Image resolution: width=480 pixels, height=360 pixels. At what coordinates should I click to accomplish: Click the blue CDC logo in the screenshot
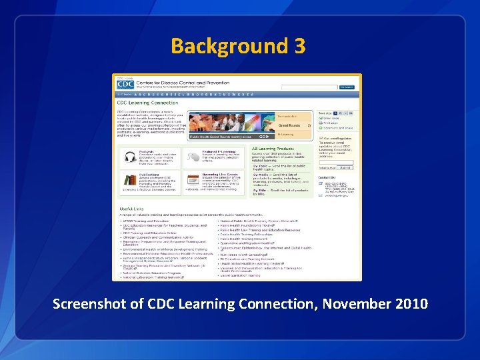coord(125,84)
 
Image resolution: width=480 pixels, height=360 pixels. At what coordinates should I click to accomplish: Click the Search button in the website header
coord(346,87)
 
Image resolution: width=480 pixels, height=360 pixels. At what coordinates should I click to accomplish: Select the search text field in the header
coord(309,87)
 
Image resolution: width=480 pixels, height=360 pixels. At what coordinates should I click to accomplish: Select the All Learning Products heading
coord(273,148)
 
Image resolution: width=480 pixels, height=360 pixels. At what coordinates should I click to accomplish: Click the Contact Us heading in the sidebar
coord(327,177)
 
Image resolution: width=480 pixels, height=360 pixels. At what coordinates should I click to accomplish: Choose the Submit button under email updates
coord(345,168)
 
